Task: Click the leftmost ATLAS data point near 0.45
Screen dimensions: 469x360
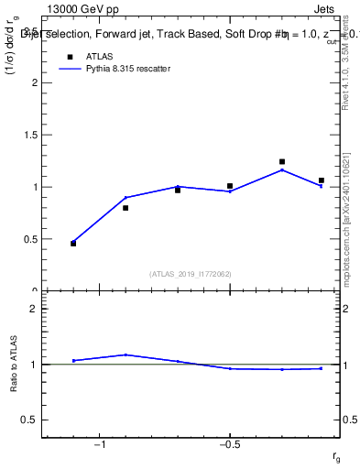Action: coord(73,244)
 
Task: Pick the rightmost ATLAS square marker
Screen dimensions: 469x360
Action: coord(321,180)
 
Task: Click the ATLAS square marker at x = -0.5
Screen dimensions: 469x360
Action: coord(230,186)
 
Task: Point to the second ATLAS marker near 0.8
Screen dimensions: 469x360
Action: coord(125,208)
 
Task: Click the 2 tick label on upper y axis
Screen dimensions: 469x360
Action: coord(31,82)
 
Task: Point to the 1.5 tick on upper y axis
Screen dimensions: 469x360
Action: coord(27,135)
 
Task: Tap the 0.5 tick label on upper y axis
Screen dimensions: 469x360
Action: coord(27,239)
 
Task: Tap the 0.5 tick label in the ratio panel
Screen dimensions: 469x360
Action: coord(27,420)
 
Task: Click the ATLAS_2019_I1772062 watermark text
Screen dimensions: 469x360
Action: coord(190,274)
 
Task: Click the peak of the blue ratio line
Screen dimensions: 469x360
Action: coord(125,354)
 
